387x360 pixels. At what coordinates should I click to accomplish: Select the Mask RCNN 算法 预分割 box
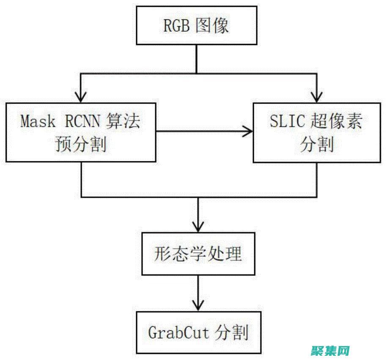tap(81, 132)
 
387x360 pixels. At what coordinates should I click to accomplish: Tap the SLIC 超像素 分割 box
tap(317, 132)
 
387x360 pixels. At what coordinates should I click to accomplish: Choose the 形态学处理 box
tap(198, 254)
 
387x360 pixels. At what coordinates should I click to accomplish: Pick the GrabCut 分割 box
tap(198, 333)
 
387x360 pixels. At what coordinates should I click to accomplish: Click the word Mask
tap(38, 121)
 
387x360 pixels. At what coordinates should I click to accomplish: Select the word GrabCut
tap(179, 333)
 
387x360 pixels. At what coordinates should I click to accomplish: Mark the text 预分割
tap(81, 145)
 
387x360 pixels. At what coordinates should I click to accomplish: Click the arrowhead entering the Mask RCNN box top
tap(81, 96)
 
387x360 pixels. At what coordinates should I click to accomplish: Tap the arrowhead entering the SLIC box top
tap(317, 96)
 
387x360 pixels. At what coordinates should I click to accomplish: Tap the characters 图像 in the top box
tap(212, 25)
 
